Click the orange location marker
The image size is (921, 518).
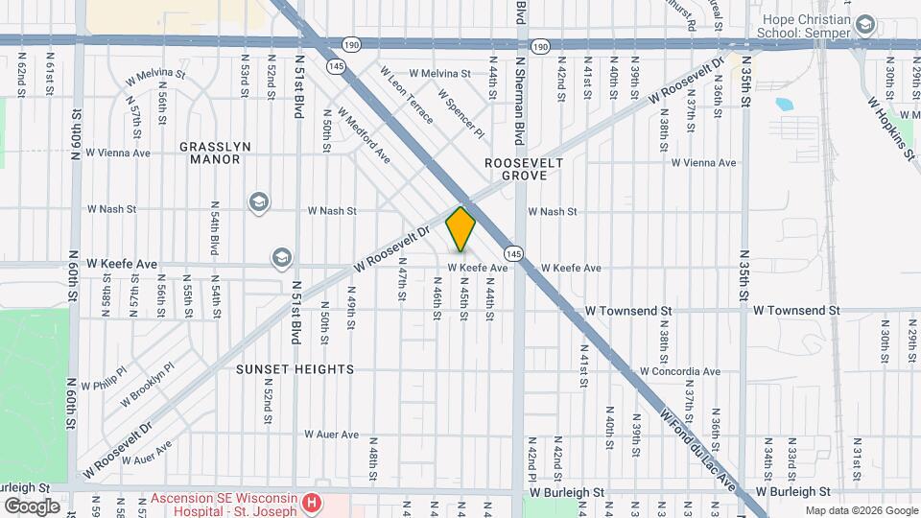[461, 229]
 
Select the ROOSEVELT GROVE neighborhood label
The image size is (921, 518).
[515, 169]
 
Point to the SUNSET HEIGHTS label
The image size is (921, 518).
[296, 369]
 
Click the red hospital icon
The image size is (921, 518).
[311, 503]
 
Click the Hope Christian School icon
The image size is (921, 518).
[865, 24]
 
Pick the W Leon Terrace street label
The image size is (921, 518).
[407, 95]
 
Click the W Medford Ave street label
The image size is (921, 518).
[364, 138]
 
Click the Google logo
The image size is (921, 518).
[32, 506]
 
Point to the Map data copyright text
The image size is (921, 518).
[861, 510]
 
